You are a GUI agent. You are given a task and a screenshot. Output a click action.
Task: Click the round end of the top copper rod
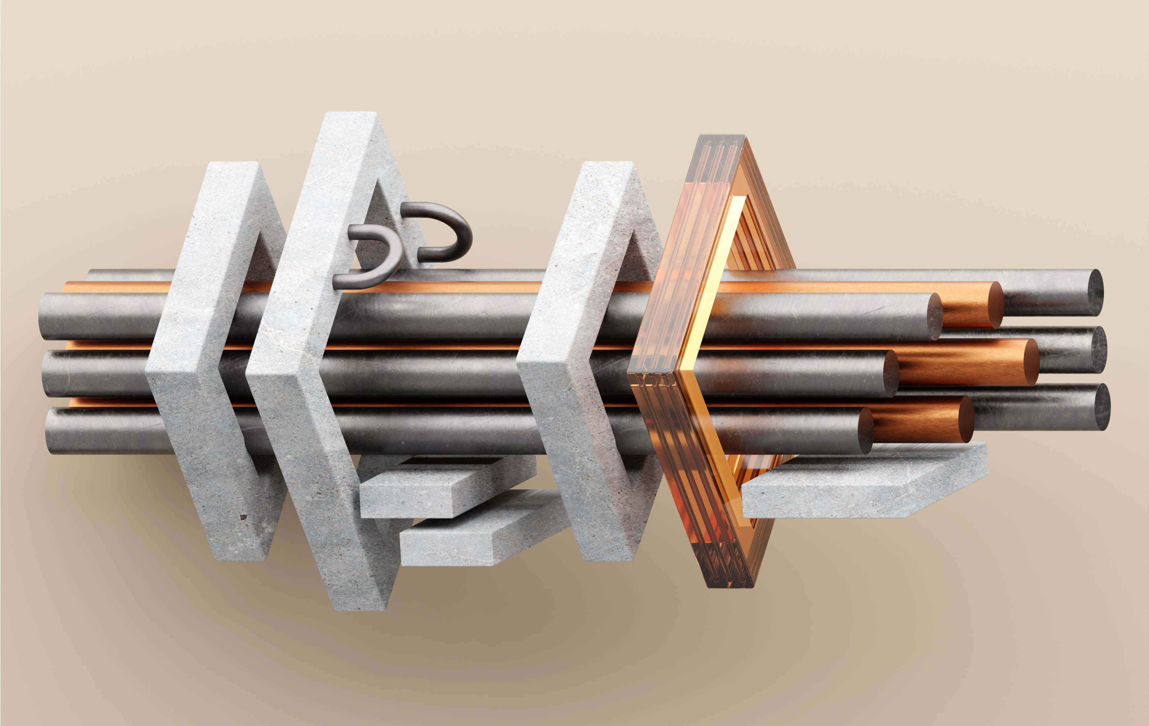pyautogui.click(x=995, y=305)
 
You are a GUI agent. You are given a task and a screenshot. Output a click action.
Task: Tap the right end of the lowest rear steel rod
pyautogui.click(x=1102, y=407)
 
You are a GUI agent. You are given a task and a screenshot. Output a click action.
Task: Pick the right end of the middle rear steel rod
pyautogui.click(x=1100, y=350)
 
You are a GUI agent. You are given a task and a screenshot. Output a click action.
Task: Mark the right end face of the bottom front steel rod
pyautogui.click(x=866, y=431)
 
